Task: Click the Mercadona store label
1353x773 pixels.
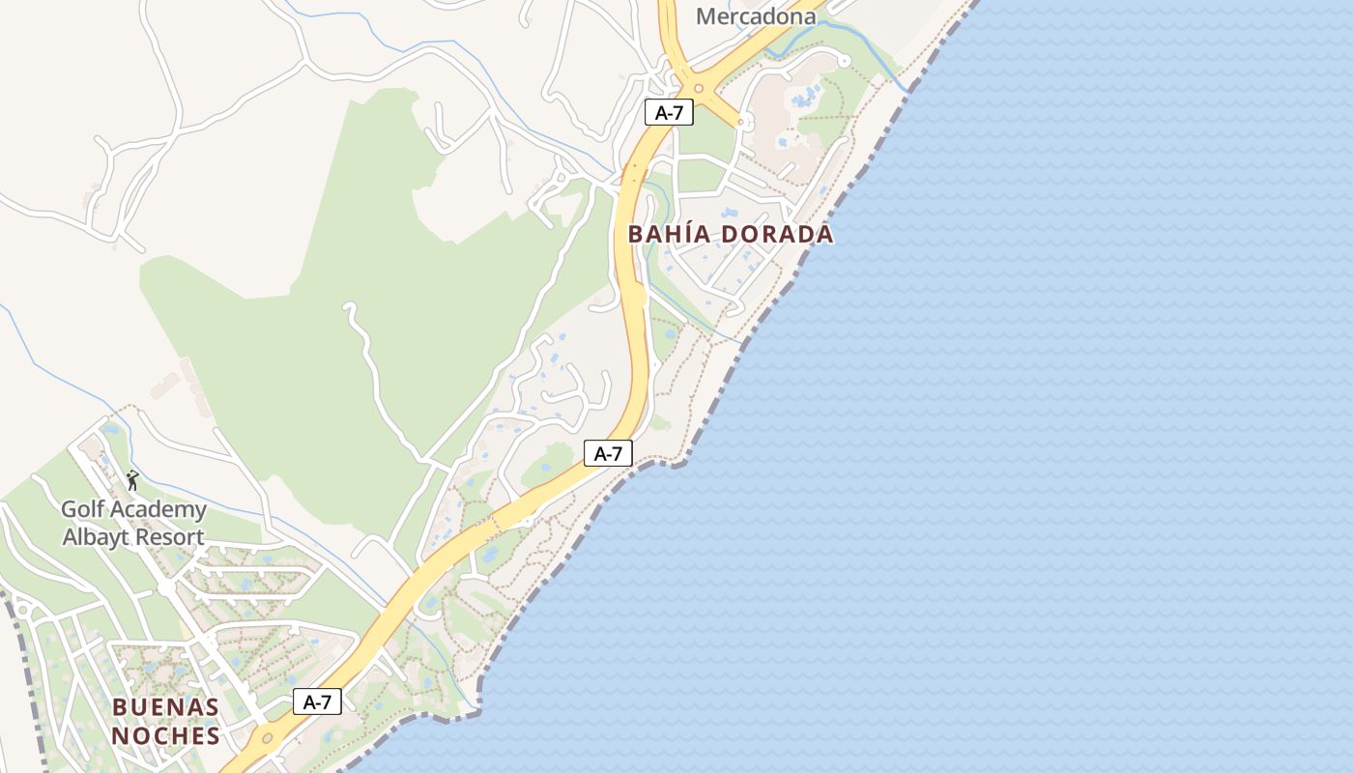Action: pyautogui.click(x=756, y=16)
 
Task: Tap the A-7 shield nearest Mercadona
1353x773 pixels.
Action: pyautogui.click(x=669, y=112)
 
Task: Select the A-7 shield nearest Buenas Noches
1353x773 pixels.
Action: pyautogui.click(x=317, y=702)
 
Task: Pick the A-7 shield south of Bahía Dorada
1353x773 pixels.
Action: pyautogui.click(x=608, y=453)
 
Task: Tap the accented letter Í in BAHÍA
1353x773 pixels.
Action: pyautogui.click(x=692, y=234)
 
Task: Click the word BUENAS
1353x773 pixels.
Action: pyautogui.click(x=165, y=707)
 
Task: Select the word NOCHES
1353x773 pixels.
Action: pyautogui.click(x=165, y=736)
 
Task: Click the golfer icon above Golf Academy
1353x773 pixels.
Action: pyautogui.click(x=132, y=479)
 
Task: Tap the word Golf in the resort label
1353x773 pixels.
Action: pyautogui.click(x=82, y=509)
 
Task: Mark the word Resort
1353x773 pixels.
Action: pyautogui.click(x=170, y=537)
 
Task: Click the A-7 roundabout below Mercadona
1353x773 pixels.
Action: pyautogui.click(x=698, y=88)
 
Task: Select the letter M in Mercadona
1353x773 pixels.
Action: pyautogui.click(x=706, y=16)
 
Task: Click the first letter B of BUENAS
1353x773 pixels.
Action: pyautogui.click(x=120, y=707)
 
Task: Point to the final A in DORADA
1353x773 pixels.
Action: pyautogui.click(x=824, y=234)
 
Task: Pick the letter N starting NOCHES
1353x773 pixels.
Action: pyautogui.click(x=120, y=736)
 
